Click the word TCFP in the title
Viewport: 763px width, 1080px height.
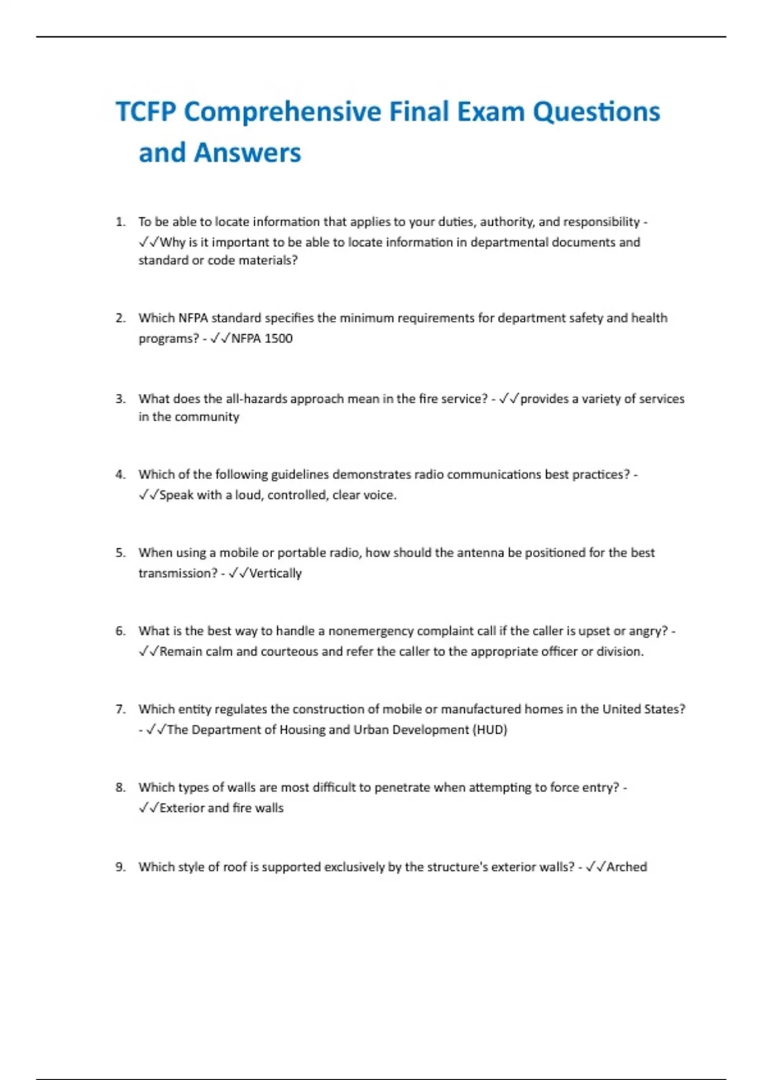click(x=146, y=112)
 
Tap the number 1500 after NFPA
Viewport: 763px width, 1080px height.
click(x=278, y=339)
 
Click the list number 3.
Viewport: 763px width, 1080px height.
click(x=120, y=399)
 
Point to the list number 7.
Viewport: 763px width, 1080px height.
click(x=120, y=709)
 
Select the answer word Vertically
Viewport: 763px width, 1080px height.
click(x=275, y=573)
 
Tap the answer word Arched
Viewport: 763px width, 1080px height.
click(x=627, y=867)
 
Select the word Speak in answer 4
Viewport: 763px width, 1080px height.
click(x=176, y=495)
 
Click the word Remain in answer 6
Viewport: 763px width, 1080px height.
click(x=181, y=652)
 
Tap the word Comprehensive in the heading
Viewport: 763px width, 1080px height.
click(x=283, y=112)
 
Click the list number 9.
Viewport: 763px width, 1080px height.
click(x=120, y=867)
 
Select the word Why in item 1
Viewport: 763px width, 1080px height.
click(x=172, y=242)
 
